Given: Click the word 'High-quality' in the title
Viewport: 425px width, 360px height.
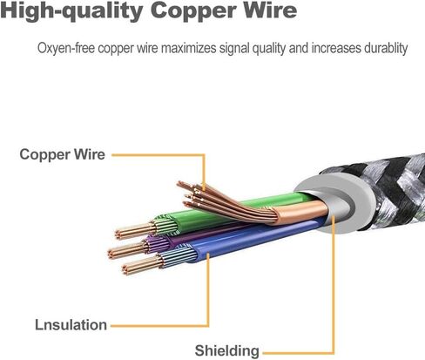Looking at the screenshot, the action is [71, 11].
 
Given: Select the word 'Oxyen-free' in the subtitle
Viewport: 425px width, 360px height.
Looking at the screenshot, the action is [66, 48].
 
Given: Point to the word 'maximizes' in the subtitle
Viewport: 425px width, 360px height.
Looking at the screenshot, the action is [189, 48].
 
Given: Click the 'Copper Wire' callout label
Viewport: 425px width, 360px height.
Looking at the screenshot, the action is [62, 154].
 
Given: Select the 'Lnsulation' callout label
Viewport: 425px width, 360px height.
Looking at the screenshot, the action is [71, 325].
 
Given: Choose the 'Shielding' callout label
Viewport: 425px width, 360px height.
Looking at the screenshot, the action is [226, 350].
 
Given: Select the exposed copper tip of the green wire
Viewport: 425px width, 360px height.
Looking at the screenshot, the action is [134, 230].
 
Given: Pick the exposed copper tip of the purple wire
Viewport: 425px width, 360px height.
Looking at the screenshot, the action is [127, 251].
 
